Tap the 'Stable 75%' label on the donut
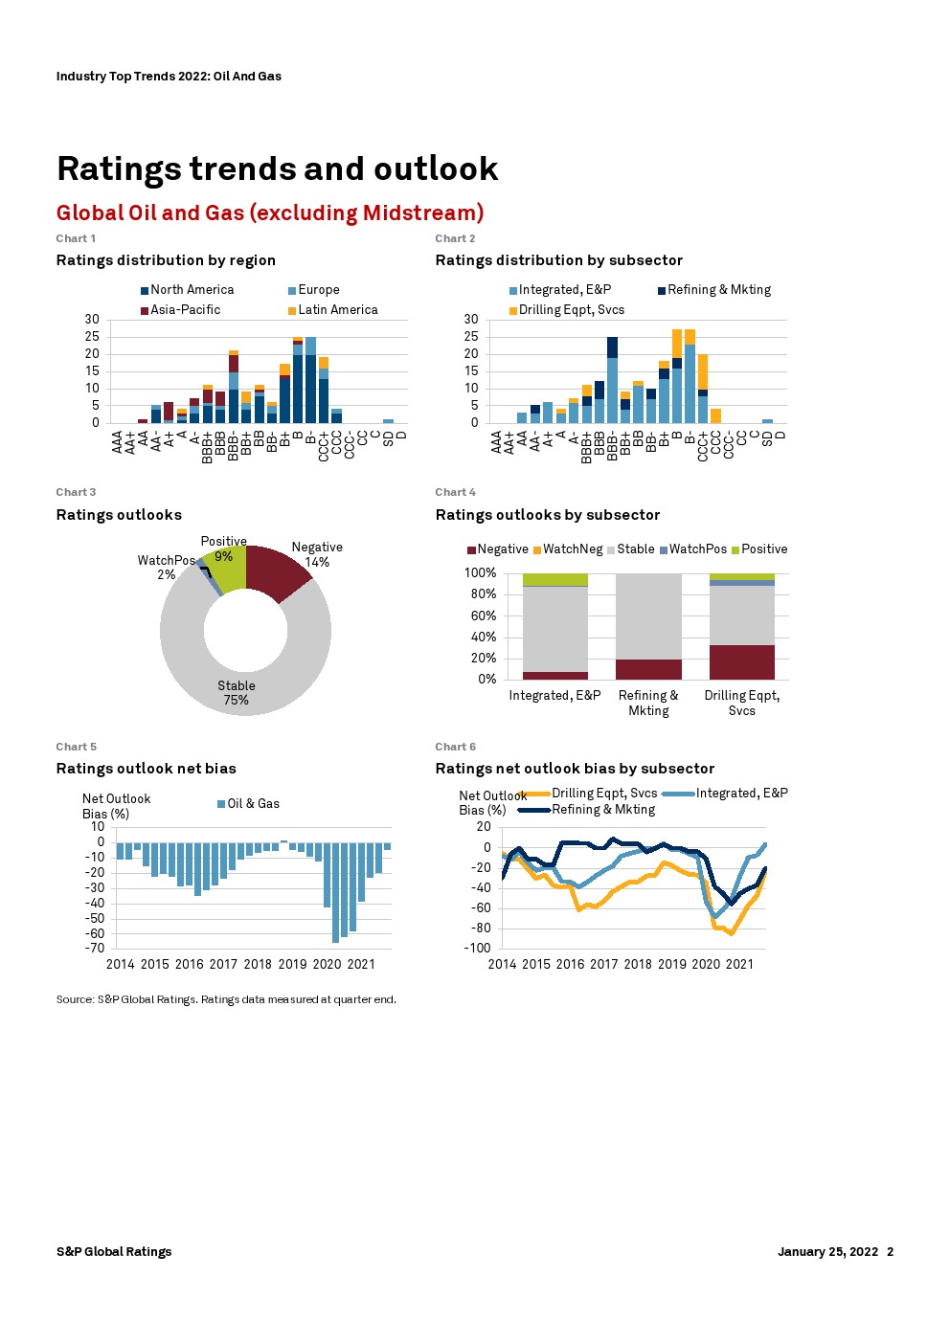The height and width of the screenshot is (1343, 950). [x=236, y=692]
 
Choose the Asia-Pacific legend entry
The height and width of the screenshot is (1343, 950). [x=185, y=310]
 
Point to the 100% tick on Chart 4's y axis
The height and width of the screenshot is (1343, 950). [x=480, y=572]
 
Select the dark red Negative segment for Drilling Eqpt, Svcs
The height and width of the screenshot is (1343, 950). [x=741, y=662]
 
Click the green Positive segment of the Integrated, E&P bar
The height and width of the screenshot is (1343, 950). [x=554, y=579]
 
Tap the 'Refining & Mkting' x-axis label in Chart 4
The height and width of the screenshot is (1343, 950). [x=648, y=703]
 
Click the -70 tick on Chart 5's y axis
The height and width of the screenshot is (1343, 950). [x=94, y=949]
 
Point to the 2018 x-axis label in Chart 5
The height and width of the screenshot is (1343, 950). [x=258, y=964]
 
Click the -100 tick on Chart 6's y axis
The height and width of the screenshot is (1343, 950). [x=477, y=949]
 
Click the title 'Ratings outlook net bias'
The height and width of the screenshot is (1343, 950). [x=146, y=769]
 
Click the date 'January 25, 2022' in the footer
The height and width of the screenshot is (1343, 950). [x=827, y=1251]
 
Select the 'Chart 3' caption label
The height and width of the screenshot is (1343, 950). [x=76, y=492]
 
